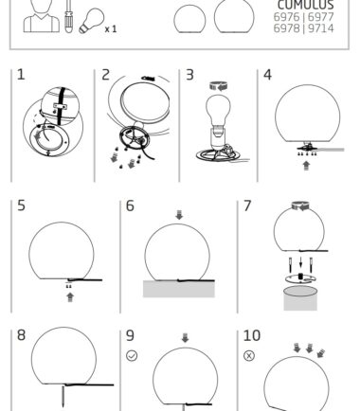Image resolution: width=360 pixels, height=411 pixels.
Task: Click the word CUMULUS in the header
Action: click(x=305, y=5)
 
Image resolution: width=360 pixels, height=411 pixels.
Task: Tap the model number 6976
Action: click(x=287, y=17)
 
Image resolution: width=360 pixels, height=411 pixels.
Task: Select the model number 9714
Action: click(x=320, y=28)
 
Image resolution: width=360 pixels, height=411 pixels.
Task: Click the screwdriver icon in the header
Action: click(x=68, y=16)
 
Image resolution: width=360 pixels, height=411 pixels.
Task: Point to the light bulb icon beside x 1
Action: click(x=91, y=21)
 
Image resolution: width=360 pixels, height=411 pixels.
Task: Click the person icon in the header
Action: click(x=42, y=16)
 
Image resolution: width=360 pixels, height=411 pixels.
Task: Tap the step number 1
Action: click(x=21, y=75)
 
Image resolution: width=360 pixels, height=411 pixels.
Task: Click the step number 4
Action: click(x=267, y=75)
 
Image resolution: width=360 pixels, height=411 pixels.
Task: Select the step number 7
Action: click(x=247, y=205)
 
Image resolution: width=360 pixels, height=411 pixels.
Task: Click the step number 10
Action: click(x=252, y=335)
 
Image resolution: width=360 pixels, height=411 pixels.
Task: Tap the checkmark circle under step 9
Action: click(x=132, y=356)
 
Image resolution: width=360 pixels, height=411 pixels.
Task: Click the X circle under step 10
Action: click(x=249, y=356)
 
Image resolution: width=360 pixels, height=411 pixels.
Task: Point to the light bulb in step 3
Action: click(x=218, y=113)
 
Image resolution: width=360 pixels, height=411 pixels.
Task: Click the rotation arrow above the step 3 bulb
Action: click(x=219, y=86)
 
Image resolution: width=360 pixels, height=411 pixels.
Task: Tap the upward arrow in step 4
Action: click(x=306, y=166)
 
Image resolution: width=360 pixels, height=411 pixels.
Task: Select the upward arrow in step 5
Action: click(x=70, y=297)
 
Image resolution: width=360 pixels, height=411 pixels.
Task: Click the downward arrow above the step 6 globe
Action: click(x=179, y=215)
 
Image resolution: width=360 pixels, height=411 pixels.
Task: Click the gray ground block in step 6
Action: click(x=179, y=289)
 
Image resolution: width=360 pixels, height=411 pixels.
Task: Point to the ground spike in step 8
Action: click(x=63, y=396)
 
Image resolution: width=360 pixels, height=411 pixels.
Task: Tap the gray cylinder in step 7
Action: click(x=300, y=298)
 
